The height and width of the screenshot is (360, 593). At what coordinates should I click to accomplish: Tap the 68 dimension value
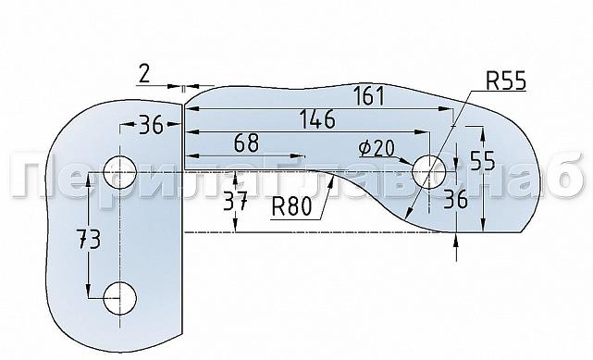tap(246, 143)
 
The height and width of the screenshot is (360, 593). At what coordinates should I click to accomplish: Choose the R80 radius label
tap(291, 206)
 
